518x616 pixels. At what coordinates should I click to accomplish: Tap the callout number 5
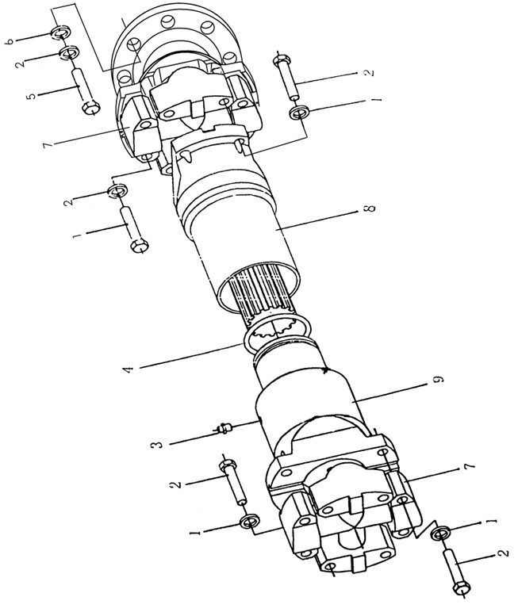click(x=32, y=95)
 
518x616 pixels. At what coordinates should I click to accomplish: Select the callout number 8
click(x=370, y=208)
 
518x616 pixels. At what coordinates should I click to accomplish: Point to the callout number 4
click(x=129, y=369)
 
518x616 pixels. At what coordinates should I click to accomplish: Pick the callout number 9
click(x=439, y=379)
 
